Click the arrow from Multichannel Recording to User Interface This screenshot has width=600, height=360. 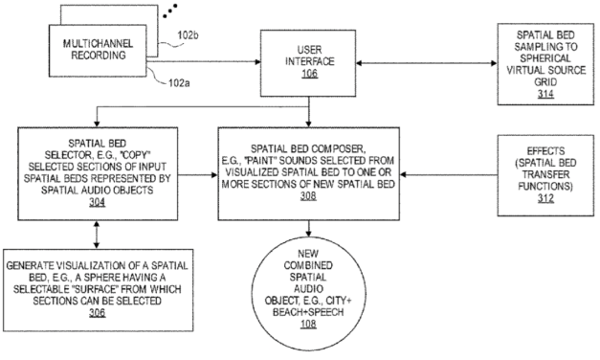pos(230,62)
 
